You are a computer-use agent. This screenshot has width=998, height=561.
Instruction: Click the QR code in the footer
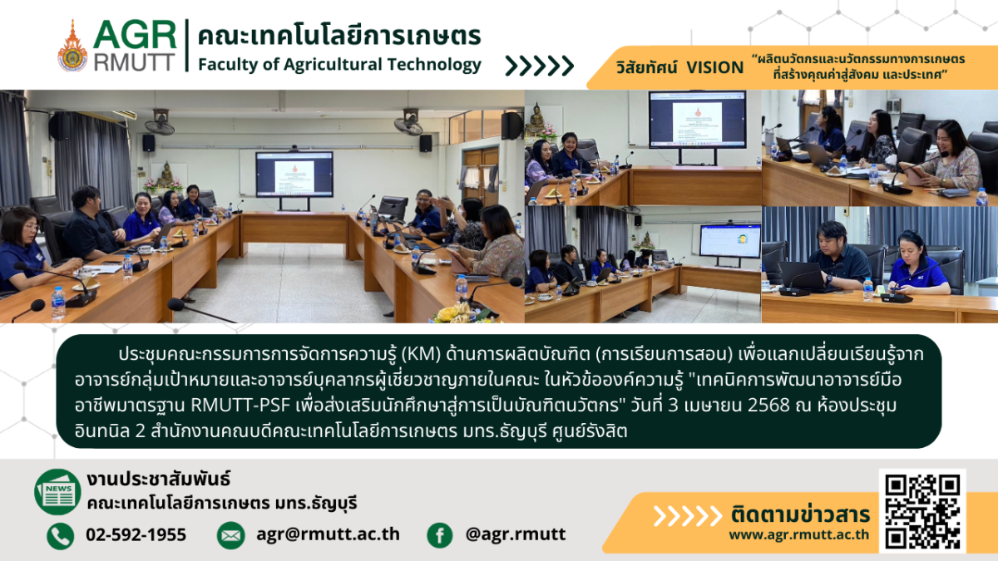click(x=922, y=511)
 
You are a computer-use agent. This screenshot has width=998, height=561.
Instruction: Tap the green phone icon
click(x=60, y=535)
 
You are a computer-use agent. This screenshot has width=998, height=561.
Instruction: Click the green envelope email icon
click(x=231, y=535)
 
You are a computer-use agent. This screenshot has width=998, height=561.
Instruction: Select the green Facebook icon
click(x=440, y=535)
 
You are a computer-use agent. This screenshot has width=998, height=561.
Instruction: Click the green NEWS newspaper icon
click(x=57, y=492)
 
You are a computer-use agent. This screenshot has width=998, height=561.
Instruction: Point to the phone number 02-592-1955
click(x=136, y=534)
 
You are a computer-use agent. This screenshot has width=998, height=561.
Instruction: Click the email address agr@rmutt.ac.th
click(x=328, y=534)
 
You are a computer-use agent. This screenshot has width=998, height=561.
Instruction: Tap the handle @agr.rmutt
click(x=516, y=534)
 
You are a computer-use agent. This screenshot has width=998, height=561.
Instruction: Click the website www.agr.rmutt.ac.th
click(x=799, y=534)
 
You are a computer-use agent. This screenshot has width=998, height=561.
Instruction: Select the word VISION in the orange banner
click(x=715, y=67)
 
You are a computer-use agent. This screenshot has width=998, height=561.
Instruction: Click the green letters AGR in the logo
click(x=135, y=35)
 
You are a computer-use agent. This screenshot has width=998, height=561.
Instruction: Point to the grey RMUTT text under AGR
click(x=134, y=62)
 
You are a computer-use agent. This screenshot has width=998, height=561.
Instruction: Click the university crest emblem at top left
click(x=72, y=46)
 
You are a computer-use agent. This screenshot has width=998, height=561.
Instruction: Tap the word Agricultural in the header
click(x=332, y=65)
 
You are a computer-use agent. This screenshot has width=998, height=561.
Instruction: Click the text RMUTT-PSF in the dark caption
click(x=240, y=406)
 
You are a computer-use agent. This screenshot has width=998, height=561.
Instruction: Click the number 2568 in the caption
click(x=768, y=406)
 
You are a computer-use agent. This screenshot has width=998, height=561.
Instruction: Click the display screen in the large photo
click(x=294, y=174)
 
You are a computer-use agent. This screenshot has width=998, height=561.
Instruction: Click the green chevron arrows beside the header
click(x=540, y=66)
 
